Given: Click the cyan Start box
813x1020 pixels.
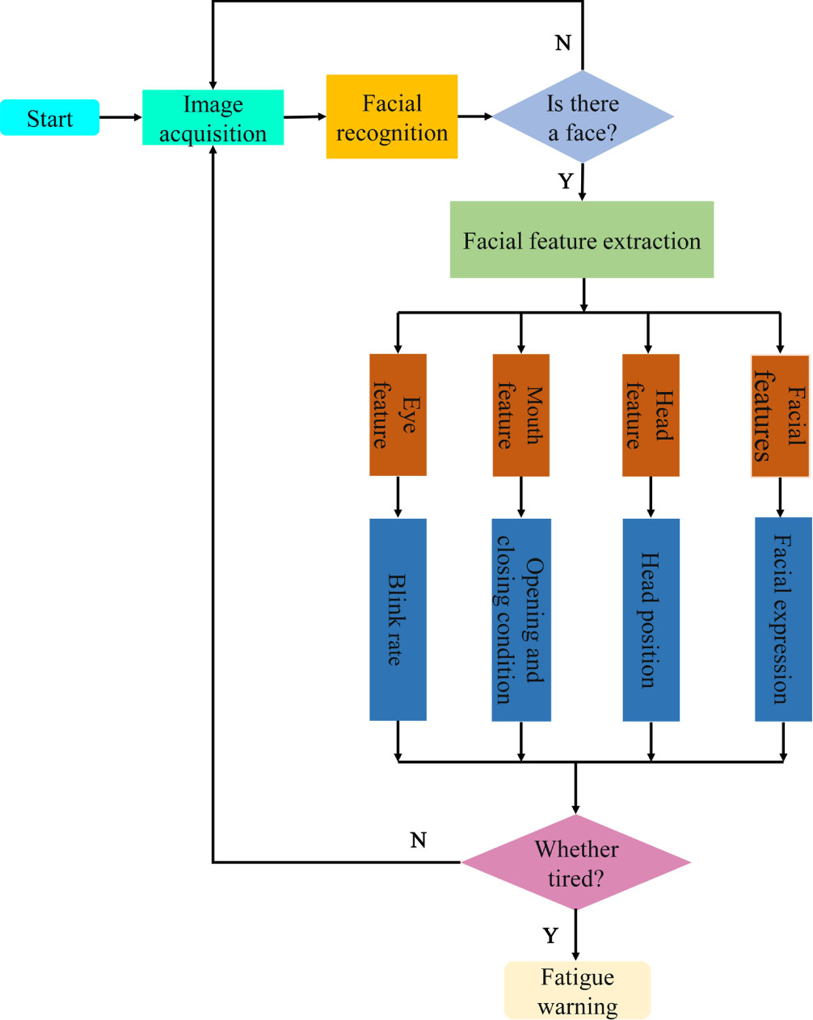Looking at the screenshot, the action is (50, 117).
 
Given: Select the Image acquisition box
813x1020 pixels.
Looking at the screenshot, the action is (213, 117).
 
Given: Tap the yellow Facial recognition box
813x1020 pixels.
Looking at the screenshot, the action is (392, 116).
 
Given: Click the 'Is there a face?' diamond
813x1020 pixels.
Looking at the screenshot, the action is (583, 116).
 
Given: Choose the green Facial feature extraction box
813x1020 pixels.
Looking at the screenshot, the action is (582, 239).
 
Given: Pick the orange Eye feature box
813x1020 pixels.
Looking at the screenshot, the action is (398, 415).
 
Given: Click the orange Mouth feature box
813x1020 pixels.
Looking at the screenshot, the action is (521, 415).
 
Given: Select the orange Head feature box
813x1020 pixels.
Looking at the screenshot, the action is (651, 415).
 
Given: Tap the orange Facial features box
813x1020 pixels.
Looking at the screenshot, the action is (780, 415).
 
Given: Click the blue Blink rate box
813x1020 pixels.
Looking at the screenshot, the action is (398, 619).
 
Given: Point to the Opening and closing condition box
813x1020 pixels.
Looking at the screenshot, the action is (521, 619).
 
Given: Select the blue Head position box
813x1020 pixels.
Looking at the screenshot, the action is (651, 619).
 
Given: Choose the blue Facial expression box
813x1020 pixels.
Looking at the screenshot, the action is (783, 619).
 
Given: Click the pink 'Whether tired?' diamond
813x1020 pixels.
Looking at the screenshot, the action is (576, 862).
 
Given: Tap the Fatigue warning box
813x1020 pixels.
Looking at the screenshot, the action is (577, 990).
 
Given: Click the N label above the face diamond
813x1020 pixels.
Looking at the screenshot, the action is (563, 43).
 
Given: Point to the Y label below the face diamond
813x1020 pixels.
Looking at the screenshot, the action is (566, 181).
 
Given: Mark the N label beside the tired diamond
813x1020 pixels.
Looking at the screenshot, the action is (418, 840).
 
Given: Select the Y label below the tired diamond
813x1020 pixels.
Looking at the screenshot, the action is (550, 936).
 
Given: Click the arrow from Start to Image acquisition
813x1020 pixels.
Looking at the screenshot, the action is (121, 117).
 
